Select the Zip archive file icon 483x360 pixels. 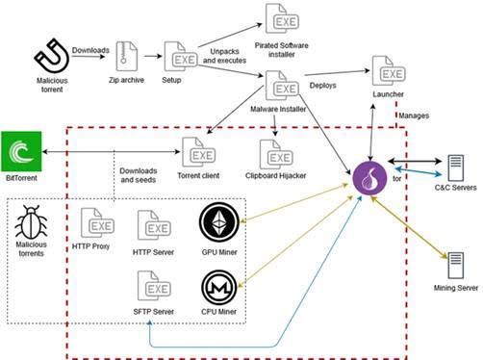point(126,55)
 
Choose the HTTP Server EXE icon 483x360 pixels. point(154,228)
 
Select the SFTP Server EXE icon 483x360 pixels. point(154,287)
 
